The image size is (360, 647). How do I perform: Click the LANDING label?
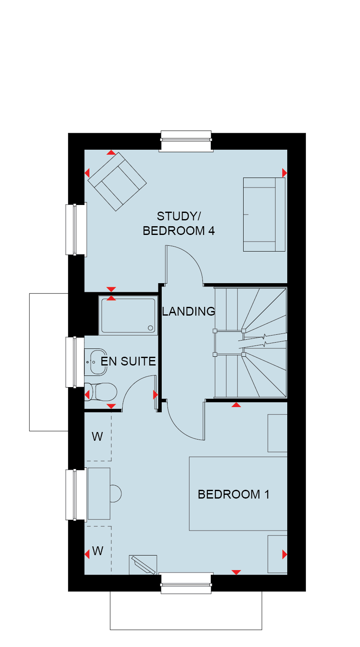188,311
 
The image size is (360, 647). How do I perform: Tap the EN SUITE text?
128,361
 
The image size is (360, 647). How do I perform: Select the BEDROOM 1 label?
234,494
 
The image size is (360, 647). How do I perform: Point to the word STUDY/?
179,216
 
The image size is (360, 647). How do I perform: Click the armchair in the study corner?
117,182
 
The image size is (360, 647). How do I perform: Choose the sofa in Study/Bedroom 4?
264,214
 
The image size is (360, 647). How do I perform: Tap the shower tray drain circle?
150,328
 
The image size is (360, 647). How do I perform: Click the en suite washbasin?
96,362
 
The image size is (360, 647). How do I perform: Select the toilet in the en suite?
101,392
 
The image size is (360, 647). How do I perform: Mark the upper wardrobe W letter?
97,437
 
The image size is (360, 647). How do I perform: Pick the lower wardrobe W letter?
98,551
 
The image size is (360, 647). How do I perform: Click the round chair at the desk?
116,494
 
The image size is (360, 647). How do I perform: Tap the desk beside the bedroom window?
99,494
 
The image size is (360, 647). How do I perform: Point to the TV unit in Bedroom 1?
143,565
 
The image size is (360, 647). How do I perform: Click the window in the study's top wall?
186,141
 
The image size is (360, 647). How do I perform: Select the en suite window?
75,362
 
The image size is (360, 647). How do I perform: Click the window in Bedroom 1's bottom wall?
186,583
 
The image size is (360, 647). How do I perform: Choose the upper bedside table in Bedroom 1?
277,433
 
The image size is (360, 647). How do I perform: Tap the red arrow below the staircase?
236,405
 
